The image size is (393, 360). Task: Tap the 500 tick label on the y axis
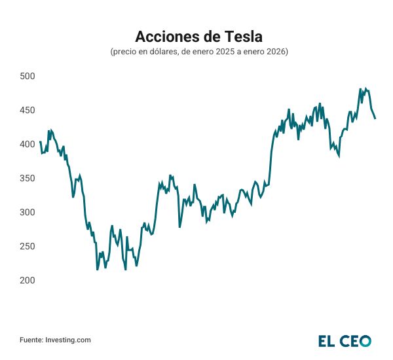27,76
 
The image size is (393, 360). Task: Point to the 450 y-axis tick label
27,110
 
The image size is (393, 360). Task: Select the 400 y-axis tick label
27,144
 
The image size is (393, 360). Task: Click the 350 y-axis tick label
27,178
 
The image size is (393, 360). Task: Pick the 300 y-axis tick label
27,212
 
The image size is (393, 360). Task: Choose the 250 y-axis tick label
27,246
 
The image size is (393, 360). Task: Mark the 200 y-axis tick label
27,280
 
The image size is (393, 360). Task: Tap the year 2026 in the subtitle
276,51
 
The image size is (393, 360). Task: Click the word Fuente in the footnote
31,340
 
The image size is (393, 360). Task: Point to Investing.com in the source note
67,340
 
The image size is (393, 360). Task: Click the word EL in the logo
327,340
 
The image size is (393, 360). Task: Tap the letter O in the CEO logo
364,340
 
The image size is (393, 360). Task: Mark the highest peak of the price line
360,88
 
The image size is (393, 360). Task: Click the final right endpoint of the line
375,118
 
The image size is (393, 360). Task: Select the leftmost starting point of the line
40,141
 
